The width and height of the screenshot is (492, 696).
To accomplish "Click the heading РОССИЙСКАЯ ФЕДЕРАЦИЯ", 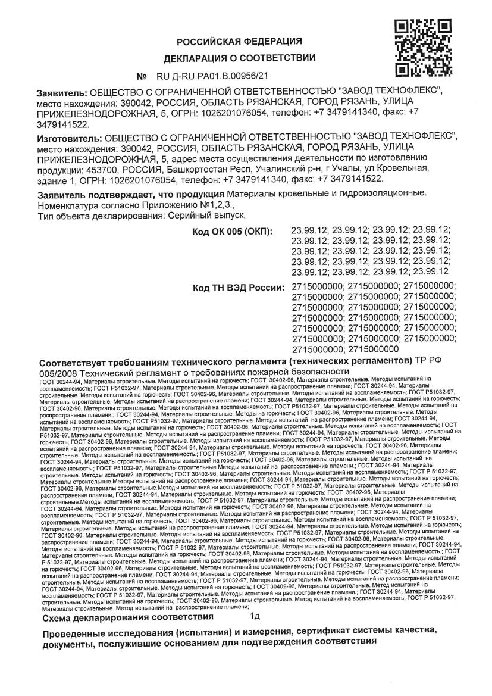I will pyautogui.click(x=239, y=41).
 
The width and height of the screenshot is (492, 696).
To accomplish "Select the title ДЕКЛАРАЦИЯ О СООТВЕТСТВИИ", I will pyautogui.click(x=239, y=58).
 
